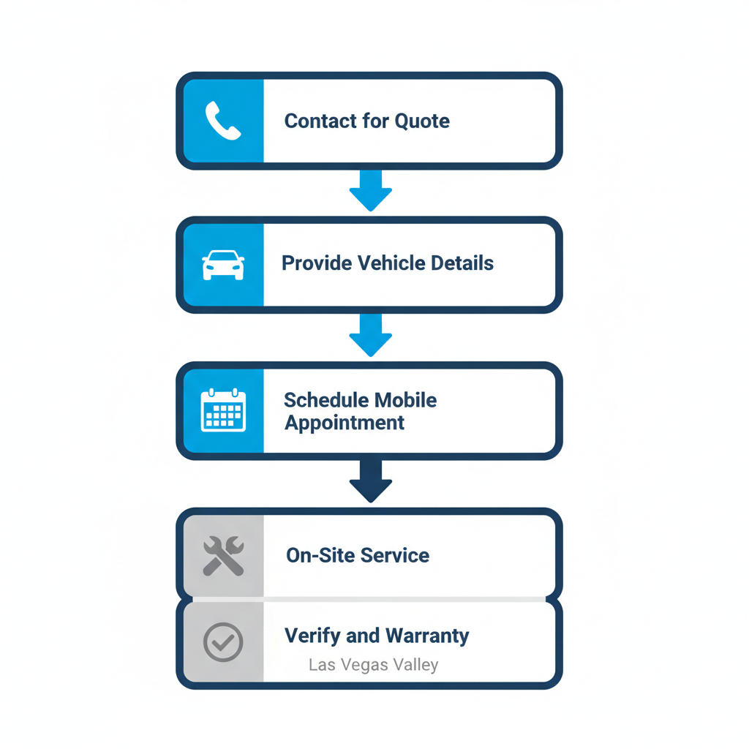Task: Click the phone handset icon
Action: point(223,121)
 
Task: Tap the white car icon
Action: point(223,265)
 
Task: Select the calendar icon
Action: point(223,410)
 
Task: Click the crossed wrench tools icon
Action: point(223,555)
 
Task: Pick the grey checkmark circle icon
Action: point(223,641)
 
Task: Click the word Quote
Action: point(422,121)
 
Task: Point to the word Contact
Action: point(320,121)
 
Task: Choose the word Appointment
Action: point(345,424)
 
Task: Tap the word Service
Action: point(394,555)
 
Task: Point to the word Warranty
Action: point(427,636)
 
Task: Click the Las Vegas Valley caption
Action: point(373,665)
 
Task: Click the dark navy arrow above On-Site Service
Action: point(371,481)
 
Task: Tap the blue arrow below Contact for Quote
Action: point(371,191)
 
